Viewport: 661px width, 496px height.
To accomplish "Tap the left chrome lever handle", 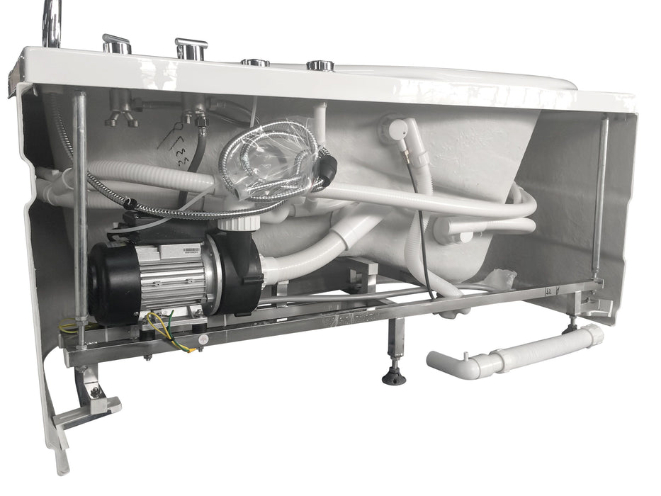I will (x=116, y=43).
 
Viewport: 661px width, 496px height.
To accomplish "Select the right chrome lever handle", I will (x=191, y=48).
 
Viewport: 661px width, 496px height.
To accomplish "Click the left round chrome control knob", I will (x=255, y=62).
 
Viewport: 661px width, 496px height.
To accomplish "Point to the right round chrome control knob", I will (x=320, y=66).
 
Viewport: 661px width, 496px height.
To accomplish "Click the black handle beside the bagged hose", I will (x=326, y=169).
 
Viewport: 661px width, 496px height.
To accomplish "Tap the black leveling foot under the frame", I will (x=394, y=376).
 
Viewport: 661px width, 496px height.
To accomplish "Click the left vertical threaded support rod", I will (x=80, y=213).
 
